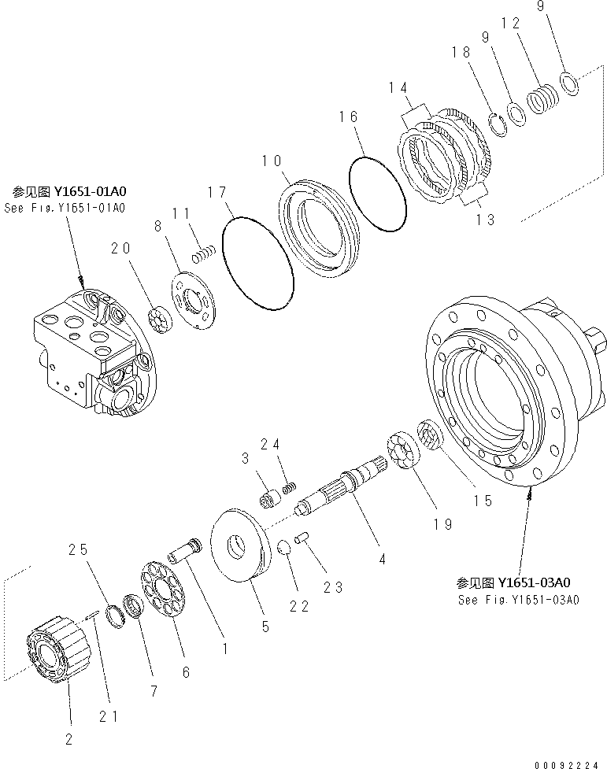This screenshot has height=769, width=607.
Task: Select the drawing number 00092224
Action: (570, 763)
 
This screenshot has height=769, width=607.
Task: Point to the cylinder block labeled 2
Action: (61, 652)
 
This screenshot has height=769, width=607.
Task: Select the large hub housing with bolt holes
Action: (504, 394)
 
